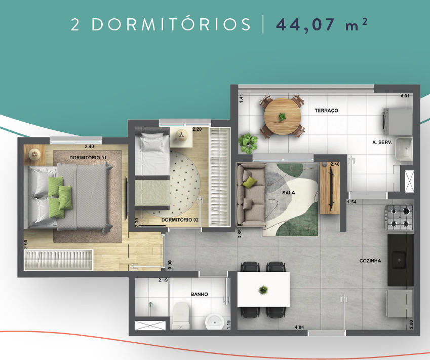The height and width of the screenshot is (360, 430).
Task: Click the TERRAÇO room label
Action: coord(326,110)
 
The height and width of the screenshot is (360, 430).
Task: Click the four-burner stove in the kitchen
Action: coord(400,217)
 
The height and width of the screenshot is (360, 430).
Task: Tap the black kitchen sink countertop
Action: coord(401,259)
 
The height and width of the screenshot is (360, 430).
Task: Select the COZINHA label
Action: coord(370,261)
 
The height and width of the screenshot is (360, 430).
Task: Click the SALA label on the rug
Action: coord(289,193)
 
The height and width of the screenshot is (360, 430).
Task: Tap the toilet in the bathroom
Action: coord(181,315)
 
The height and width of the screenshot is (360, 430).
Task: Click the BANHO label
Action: coord(199,294)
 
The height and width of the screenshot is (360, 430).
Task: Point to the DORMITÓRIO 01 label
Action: coord(88,158)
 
